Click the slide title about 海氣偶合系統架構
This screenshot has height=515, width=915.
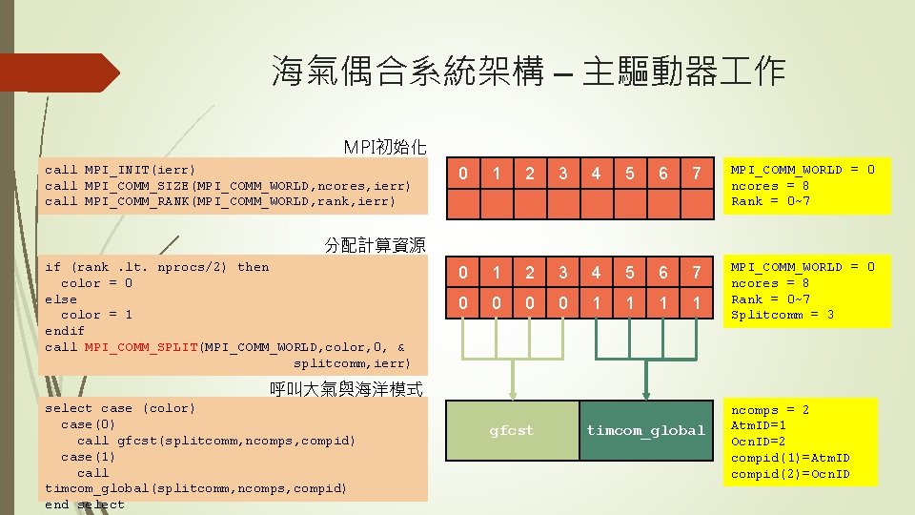528,72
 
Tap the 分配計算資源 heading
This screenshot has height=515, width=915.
375,245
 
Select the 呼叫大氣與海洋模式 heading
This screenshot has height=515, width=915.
346,388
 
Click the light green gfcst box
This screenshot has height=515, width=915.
512,431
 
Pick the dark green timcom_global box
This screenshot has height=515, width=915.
645,431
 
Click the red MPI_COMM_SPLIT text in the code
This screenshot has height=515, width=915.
142,347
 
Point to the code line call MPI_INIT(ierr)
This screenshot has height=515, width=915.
121,170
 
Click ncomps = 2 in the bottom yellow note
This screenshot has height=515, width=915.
769,410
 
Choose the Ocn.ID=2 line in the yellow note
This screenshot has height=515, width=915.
758,443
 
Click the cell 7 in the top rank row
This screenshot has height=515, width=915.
697,174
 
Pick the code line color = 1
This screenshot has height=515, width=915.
96,315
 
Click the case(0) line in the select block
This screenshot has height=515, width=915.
89,424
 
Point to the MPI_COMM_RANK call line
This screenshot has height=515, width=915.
219,201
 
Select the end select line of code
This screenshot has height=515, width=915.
85,505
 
